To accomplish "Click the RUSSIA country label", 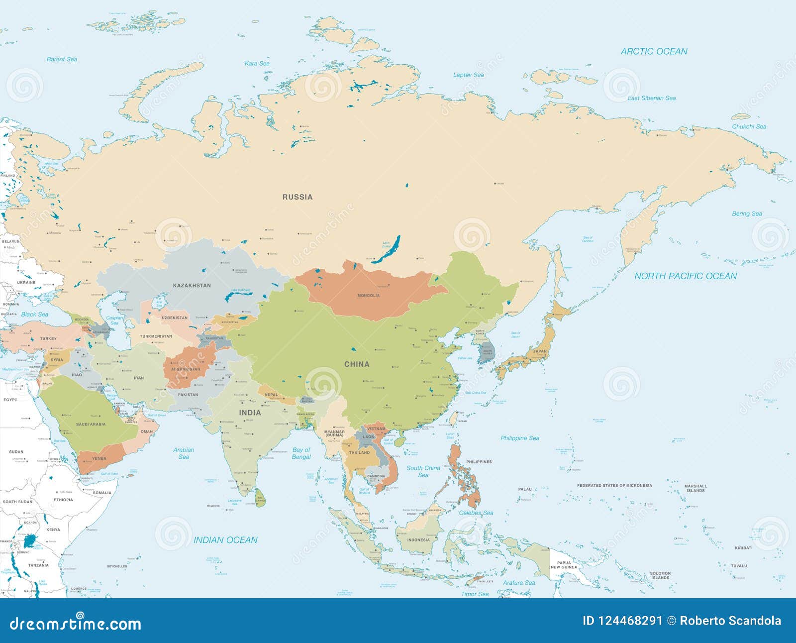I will (x=298, y=197).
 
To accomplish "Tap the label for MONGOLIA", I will (x=368, y=296).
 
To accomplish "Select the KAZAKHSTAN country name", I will (x=192, y=286).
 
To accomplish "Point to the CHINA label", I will (x=357, y=364).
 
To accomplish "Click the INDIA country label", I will (x=250, y=413).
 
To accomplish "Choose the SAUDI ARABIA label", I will (x=91, y=425).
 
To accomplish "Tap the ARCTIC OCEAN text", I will (x=654, y=51).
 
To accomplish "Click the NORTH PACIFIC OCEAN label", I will (x=685, y=276).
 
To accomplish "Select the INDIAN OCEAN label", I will (x=225, y=540).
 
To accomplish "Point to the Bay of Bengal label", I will (x=301, y=453).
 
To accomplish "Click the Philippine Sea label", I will (x=519, y=438).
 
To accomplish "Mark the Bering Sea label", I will (x=746, y=214).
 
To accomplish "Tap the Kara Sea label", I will (x=257, y=64).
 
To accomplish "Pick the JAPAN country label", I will (x=540, y=351).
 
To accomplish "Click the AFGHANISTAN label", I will (x=185, y=369).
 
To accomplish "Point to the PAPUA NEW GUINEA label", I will (x=564, y=564).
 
